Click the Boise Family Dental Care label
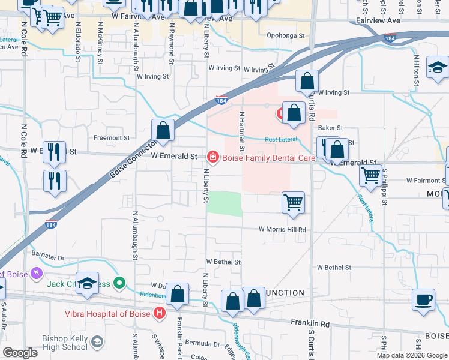[x=269, y=158]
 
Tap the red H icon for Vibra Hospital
[x=159, y=313]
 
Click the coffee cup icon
[x=424, y=299]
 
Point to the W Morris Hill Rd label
[x=282, y=229]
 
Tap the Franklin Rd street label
[x=310, y=324]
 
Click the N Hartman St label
[x=242, y=131]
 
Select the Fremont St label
[x=112, y=138]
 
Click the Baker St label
[x=330, y=128]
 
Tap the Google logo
[x=20, y=353]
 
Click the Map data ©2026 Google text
[x=411, y=355]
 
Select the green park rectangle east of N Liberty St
[x=224, y=203]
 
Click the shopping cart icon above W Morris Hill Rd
[x=293, y=202]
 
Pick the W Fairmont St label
[x=426, y=180]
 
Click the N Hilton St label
[x=417, y=68]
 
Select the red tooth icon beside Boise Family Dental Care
[x=211, y=157]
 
